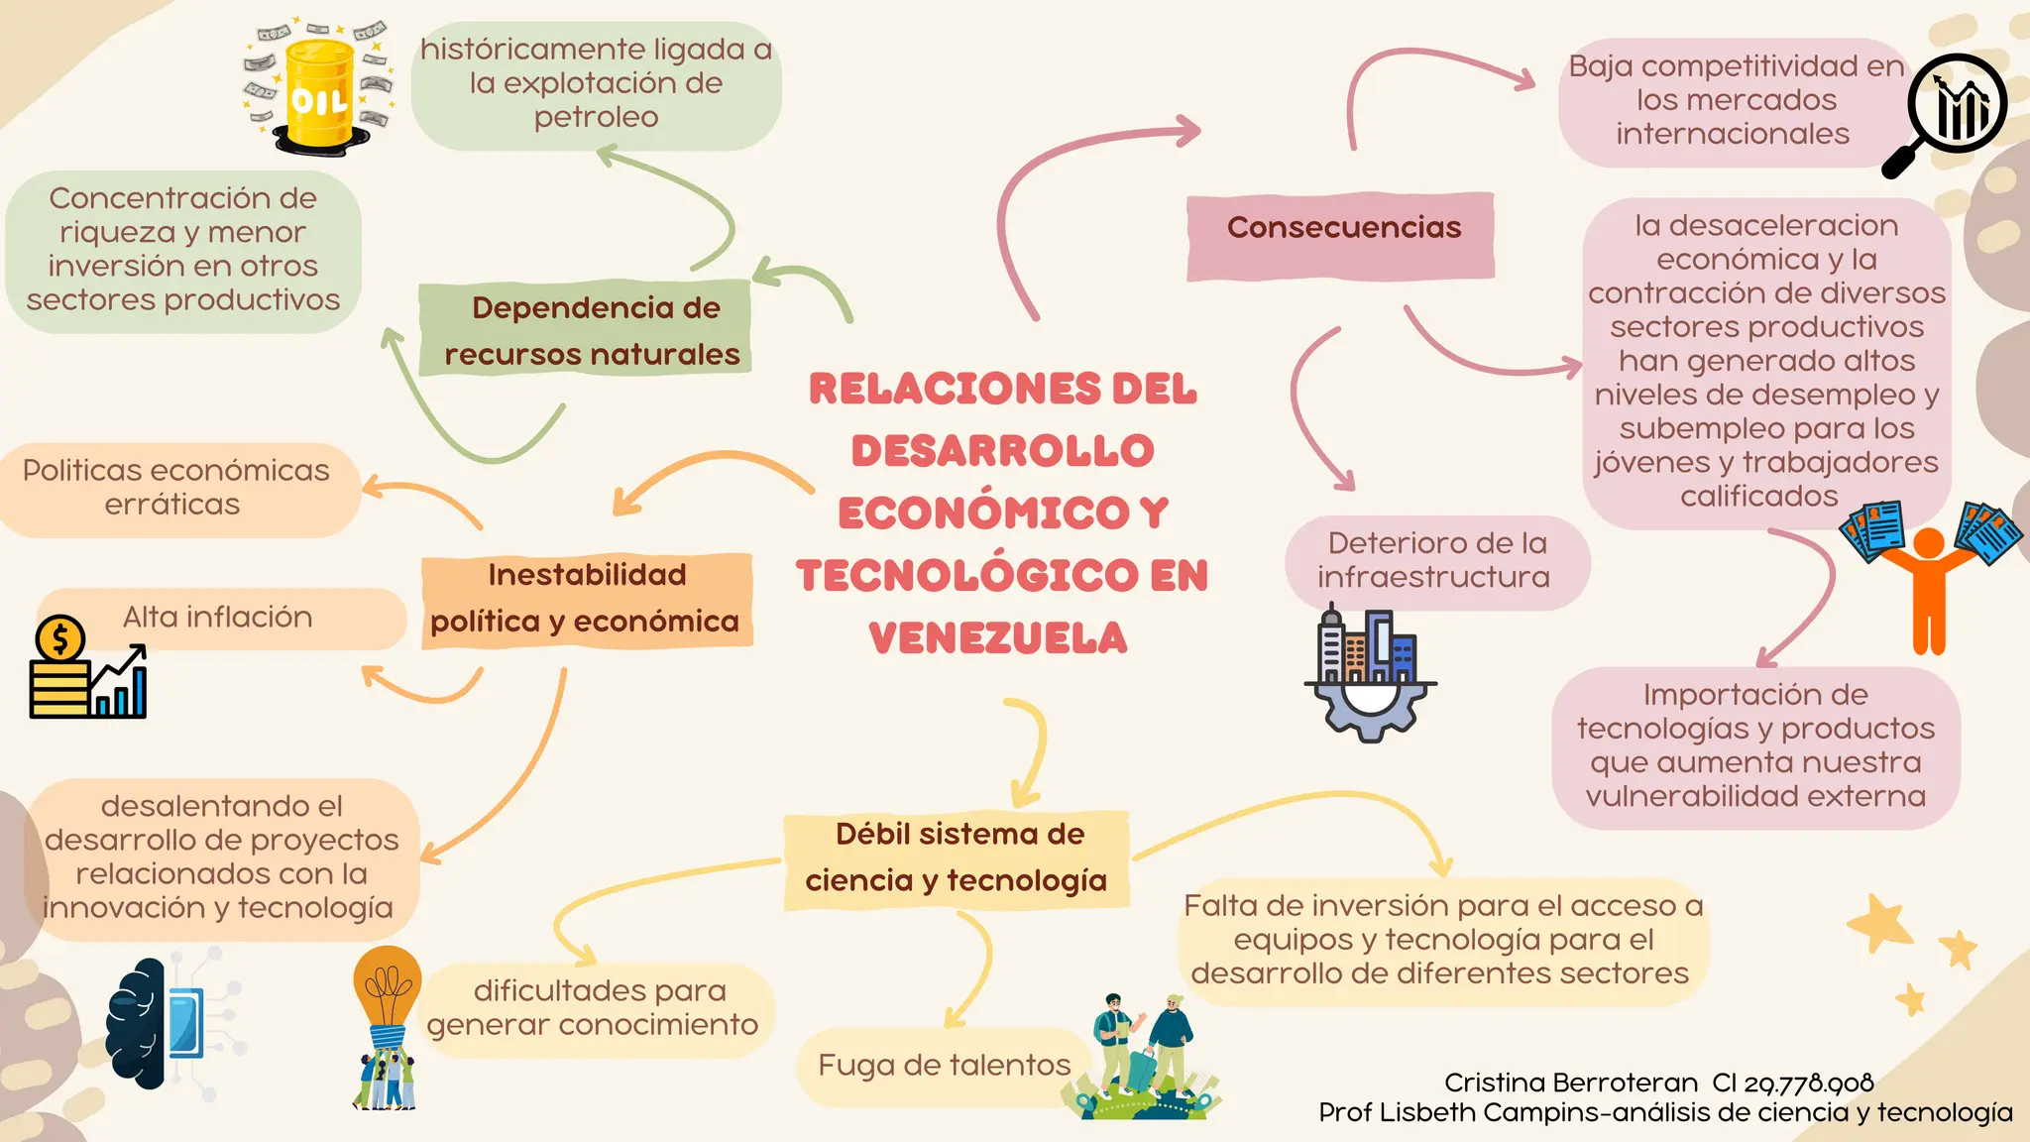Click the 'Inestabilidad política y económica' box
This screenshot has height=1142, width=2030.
coord(587,599)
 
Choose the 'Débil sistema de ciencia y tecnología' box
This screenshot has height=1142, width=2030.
coord(957,858)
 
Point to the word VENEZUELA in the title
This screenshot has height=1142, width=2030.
coord(999,637)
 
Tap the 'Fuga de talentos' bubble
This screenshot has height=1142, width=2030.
coord(944,1066)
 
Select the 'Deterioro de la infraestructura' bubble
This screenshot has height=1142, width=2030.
coord(1436,561)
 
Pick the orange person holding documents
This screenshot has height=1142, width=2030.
coord(1929,585)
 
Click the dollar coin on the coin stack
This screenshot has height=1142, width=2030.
coord(59,638)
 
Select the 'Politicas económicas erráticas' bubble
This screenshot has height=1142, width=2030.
coord(176,488)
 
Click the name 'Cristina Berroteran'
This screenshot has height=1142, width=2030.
coord(1570,1083)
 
